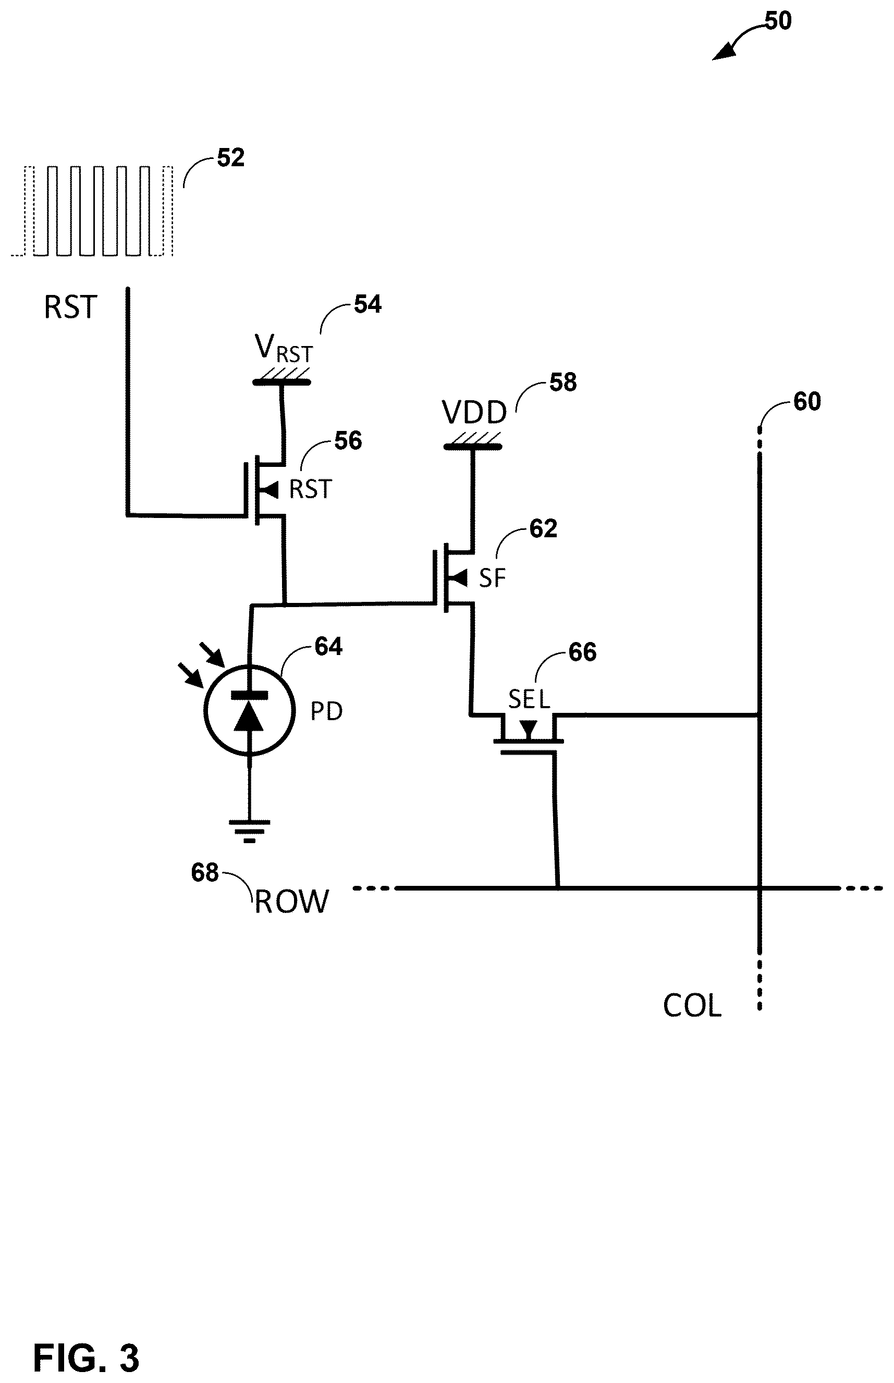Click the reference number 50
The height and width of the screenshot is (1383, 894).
[778, 21]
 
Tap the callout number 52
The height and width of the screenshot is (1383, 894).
[230, 158]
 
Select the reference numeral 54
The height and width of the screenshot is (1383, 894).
[368, 305]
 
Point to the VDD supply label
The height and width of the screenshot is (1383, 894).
[474, 413]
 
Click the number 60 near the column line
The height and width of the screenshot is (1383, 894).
[807, 402]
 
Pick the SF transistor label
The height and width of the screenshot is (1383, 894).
[492, 578]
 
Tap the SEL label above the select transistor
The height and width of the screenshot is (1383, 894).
[529, 700]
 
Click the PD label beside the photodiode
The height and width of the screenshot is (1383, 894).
[326, 711]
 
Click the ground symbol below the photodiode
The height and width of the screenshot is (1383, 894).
[250, 831]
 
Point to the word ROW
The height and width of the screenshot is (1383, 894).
[291, 903]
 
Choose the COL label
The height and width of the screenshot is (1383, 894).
[692, 1006]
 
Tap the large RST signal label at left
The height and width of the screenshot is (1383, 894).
[70, 307]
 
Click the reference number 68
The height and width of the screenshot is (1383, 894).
[205, 873]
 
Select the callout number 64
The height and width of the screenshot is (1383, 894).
[328, 647]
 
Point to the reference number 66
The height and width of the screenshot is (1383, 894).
[582, 652]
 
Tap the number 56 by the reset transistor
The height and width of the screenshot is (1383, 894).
[348, 441]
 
